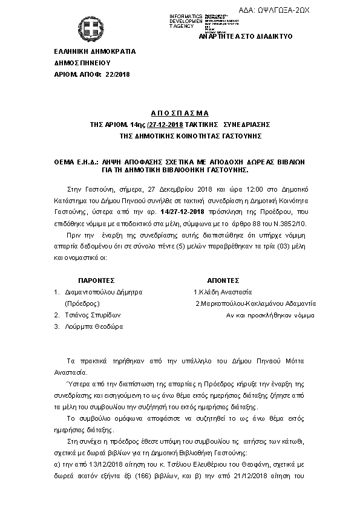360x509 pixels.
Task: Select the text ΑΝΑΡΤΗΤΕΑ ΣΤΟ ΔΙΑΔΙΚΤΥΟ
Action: [x=245, y=36]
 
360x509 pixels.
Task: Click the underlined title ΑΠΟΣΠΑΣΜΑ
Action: [x=179, y=113]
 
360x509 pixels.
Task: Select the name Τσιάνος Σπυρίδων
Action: [x=93, y=315]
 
